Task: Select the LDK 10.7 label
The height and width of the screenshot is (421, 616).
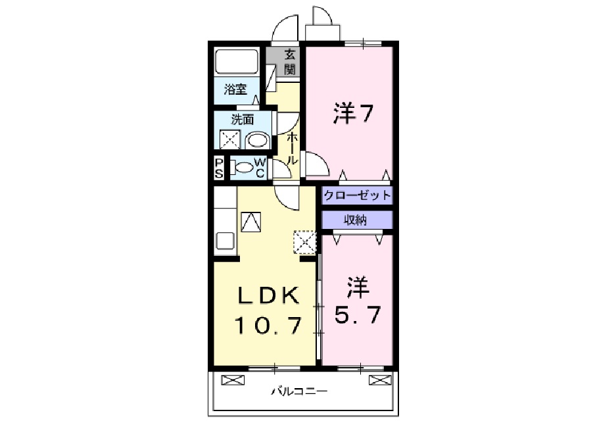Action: click(x=269, y=309)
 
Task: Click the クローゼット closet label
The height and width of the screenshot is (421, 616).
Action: click(x=357, y=195)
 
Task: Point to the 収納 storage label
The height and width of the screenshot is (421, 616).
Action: click(x=357, y=220)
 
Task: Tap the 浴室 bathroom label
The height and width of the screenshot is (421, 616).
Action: click(x=235, y=90)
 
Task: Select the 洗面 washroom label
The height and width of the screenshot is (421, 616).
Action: click(x=241, y=120)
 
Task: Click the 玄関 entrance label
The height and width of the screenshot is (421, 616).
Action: click(x=290, y=61)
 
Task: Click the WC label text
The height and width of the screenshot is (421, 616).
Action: click(x=260, y=167)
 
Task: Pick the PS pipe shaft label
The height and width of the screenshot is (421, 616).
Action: click(x=218, y=167)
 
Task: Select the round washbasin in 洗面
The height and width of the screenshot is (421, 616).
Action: click(x=256, y=140)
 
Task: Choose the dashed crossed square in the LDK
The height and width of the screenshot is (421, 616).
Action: click(x=305, y=242)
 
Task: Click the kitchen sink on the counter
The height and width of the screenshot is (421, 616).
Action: click(x=225, y=240)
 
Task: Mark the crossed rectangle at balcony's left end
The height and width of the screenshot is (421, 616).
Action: click(x=231, y=380)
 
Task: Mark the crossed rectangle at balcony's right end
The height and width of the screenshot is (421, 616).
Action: click(x=379, y=380)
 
